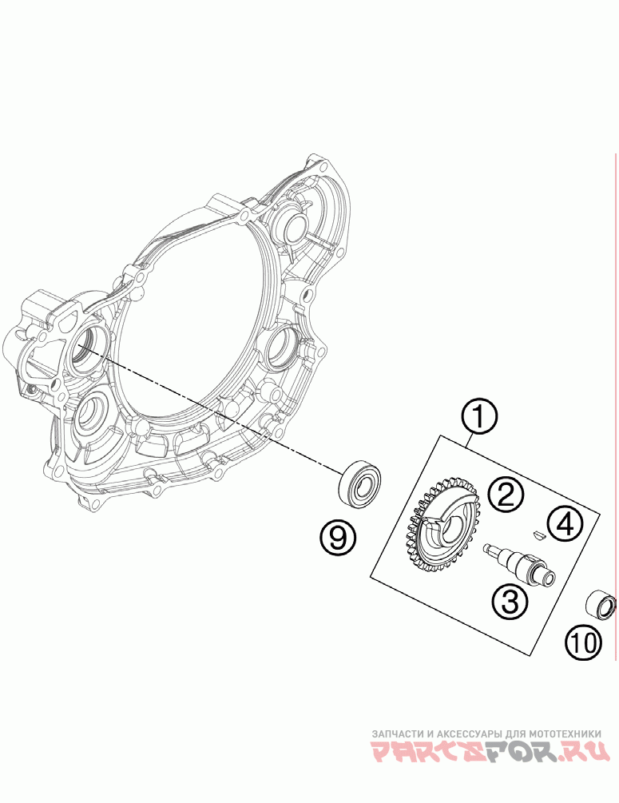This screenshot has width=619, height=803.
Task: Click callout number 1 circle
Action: click(x=478, y=418)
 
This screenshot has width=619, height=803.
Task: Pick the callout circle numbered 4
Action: click(x=565, y=524)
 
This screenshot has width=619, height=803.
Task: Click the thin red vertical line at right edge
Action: click(x=615, y=400)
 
